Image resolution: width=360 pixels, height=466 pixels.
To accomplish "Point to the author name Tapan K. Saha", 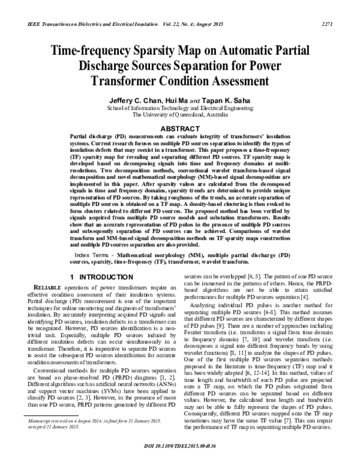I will [232, 100].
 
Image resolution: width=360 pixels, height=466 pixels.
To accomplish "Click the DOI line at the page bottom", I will [180, 455].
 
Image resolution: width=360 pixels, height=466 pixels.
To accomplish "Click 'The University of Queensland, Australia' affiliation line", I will [180, 114].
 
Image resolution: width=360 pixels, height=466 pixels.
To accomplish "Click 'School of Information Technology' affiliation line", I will [180, 107].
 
